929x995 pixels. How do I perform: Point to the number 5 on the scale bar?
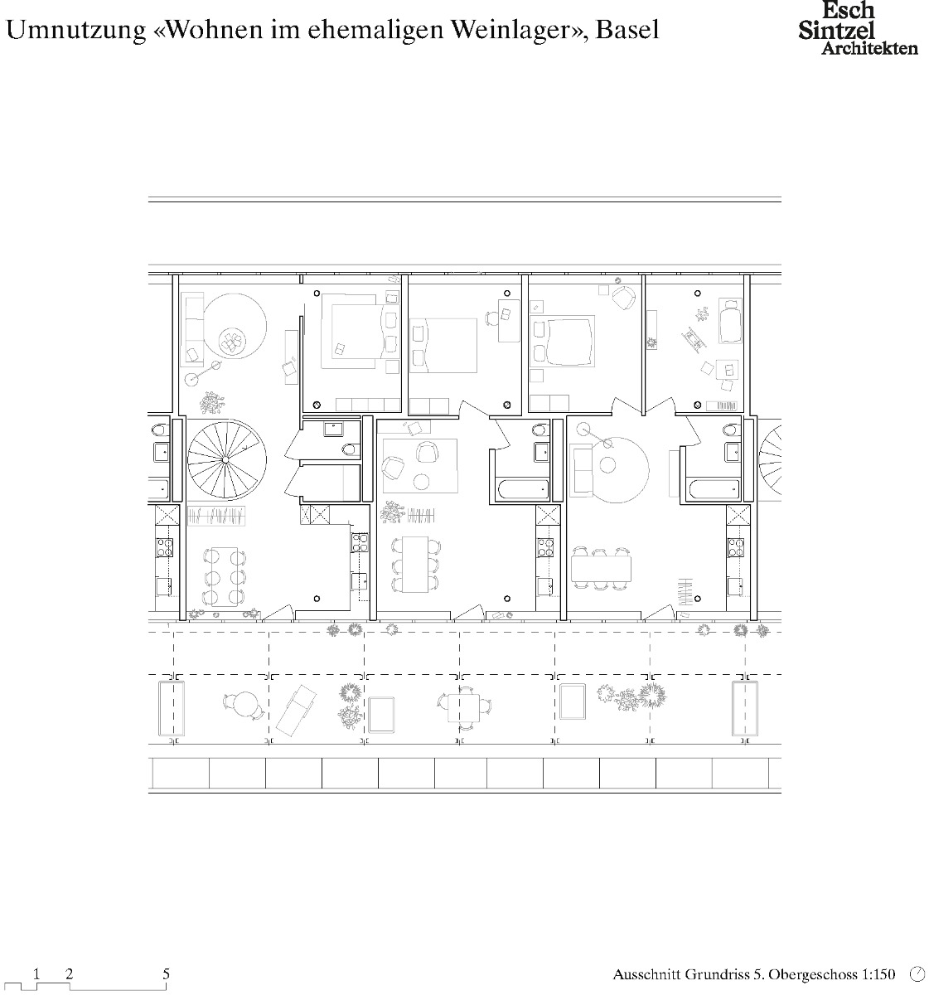pyautogui.click(x=167, y=974)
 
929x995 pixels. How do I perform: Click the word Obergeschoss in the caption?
pyautogui.click(x=808, y=975)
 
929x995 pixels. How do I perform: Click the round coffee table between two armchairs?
pyautogui.click(x=421, y=481)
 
